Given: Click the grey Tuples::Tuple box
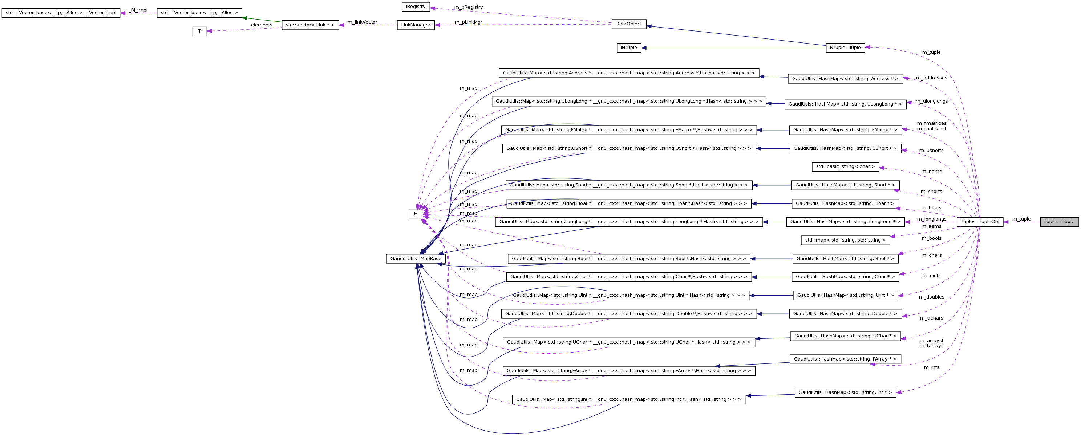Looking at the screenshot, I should (x=1059, y=222).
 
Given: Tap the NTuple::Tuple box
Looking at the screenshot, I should (x=845, y=48).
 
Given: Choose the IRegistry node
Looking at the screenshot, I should (x=416, y=7).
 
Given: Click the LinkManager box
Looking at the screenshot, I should (x=416, y=25).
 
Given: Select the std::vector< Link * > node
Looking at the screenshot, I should (x=310, y=25).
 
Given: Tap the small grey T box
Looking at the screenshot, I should (x=199, y=32).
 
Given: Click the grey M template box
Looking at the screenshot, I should (x=416, y=214).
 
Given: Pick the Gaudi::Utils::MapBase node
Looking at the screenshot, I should (x=416, y=259).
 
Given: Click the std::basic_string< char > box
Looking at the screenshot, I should (x=845, y=167).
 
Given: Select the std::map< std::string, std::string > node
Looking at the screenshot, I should (x=845, y=240).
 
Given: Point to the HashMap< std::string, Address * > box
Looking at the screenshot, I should (x=845, y=79).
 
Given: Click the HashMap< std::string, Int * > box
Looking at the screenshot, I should (x=845, y=393).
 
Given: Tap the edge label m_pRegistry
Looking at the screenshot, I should (x=468, y=8).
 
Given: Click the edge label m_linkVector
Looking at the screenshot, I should (x=362, y=22).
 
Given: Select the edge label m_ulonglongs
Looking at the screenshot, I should (x=932, y=102).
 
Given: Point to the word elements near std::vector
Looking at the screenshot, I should (x=262, y=25).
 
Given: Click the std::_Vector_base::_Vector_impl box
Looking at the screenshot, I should (x=61, y=13).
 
